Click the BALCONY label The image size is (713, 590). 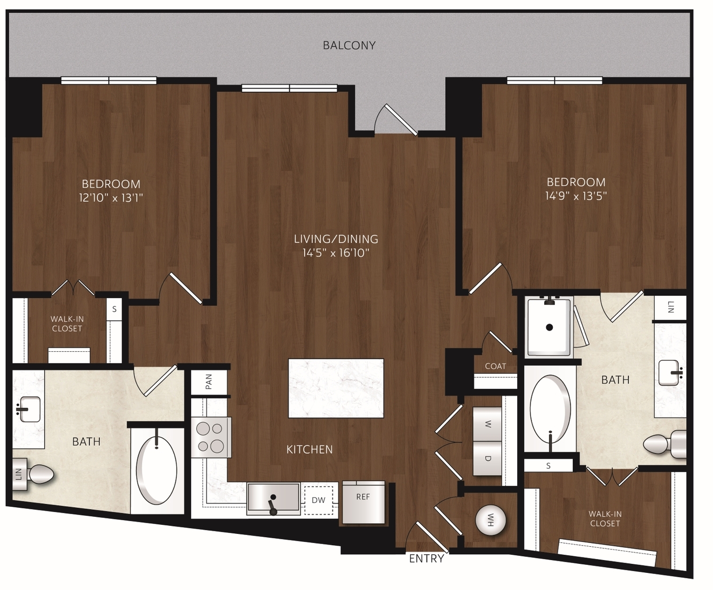coord(349,45)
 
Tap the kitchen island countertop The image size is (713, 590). coord(336,388)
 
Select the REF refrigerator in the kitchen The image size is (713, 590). coord(363,502)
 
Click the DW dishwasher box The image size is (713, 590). coord(319,500)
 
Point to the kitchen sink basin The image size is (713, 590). coord(274,498)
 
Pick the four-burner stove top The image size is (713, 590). coord(211,437)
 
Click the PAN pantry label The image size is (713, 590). coord(209,382)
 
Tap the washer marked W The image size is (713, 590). coord(487,424)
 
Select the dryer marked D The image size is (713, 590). coord(487,458)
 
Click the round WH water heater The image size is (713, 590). coord(490,521)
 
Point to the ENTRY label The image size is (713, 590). coord(426,558)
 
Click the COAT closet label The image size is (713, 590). coord(495,366)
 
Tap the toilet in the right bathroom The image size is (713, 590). coord(664,444)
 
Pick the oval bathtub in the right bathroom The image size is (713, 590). coord(550,410)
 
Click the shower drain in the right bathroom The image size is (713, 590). coord(550,327)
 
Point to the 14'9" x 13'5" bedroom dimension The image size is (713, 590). coord(576,196)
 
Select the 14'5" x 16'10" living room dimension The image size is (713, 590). coord(336,253)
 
